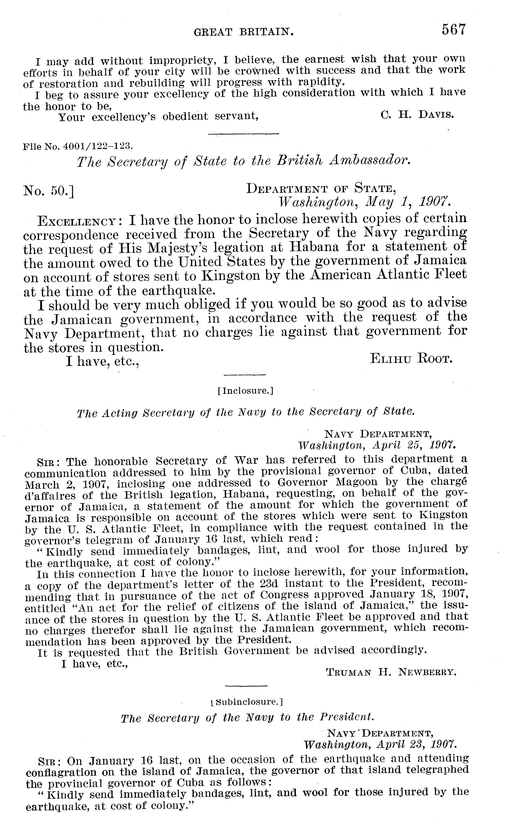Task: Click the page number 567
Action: click(x=453, y=30)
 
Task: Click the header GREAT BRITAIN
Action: click(x=244, y=32)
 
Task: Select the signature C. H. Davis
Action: click(x=417, y=115)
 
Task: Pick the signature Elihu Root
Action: click(x=411, y=359)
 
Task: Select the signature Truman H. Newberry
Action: click(x=391, y=672)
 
